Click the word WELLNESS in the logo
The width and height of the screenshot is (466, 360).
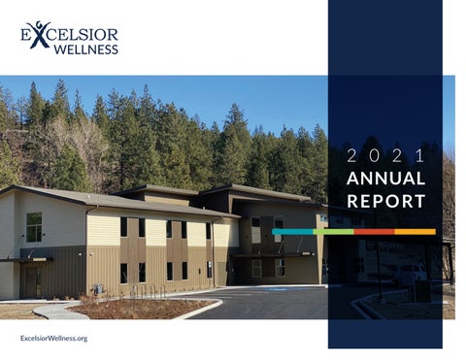click(x=86, y=48)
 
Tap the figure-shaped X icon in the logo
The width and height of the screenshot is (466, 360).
click(x=39, y=33)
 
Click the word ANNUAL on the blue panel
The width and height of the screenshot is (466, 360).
click(x=385, y=179)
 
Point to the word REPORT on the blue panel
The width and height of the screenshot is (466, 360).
click(x=385, y=202)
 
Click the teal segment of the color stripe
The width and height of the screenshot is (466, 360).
click(x=292, y=231)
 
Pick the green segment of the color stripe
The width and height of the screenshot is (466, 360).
click(x=333, y=231)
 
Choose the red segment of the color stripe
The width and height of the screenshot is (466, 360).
click(x=374, y=231)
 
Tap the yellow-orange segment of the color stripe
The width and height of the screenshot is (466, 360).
click(x=415, y=231)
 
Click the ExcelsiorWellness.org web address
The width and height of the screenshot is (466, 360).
click(x=53, y=337)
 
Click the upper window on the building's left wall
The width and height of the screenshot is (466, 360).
click(x=34, y=226)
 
